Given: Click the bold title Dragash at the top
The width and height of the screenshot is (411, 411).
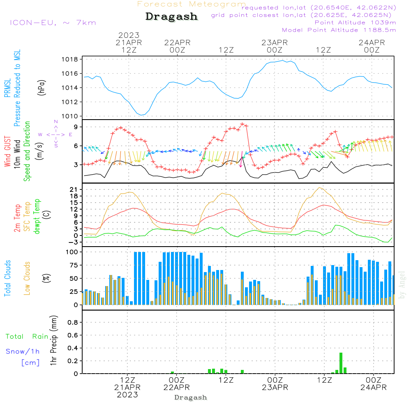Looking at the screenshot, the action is point(171,16).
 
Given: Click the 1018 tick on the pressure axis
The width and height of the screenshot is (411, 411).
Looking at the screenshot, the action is point(70,60).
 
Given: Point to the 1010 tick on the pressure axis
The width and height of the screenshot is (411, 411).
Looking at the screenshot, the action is point(70,116).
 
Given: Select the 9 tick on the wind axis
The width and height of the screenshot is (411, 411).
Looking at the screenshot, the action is point(76,127).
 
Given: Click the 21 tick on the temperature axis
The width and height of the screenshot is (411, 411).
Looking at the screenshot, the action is point(74,189).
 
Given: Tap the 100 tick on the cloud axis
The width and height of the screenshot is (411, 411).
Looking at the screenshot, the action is point(72,252).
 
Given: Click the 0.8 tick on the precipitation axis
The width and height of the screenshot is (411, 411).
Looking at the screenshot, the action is point(73,322).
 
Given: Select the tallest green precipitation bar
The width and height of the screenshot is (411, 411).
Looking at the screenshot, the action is point(341,363).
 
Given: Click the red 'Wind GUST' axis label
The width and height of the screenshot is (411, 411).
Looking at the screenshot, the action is point(7,151).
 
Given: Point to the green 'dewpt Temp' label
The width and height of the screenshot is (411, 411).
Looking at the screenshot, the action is point(37,216).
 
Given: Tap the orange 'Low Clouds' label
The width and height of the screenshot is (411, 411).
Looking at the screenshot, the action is point(27,278).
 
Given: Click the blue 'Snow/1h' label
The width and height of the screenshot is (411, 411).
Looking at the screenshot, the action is point(23,351).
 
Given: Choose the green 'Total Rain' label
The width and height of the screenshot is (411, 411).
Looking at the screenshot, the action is point(27,336).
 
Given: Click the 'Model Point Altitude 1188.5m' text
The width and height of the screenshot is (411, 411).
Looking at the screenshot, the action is point(339,30).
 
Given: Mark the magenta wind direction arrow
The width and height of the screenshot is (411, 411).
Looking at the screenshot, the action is point(241,159).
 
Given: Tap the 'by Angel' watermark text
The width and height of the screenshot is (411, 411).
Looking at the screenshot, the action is point(402,285).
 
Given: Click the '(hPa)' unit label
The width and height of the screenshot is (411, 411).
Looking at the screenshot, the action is point(42,88).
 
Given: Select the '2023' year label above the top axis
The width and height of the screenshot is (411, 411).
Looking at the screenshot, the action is point(129,35).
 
